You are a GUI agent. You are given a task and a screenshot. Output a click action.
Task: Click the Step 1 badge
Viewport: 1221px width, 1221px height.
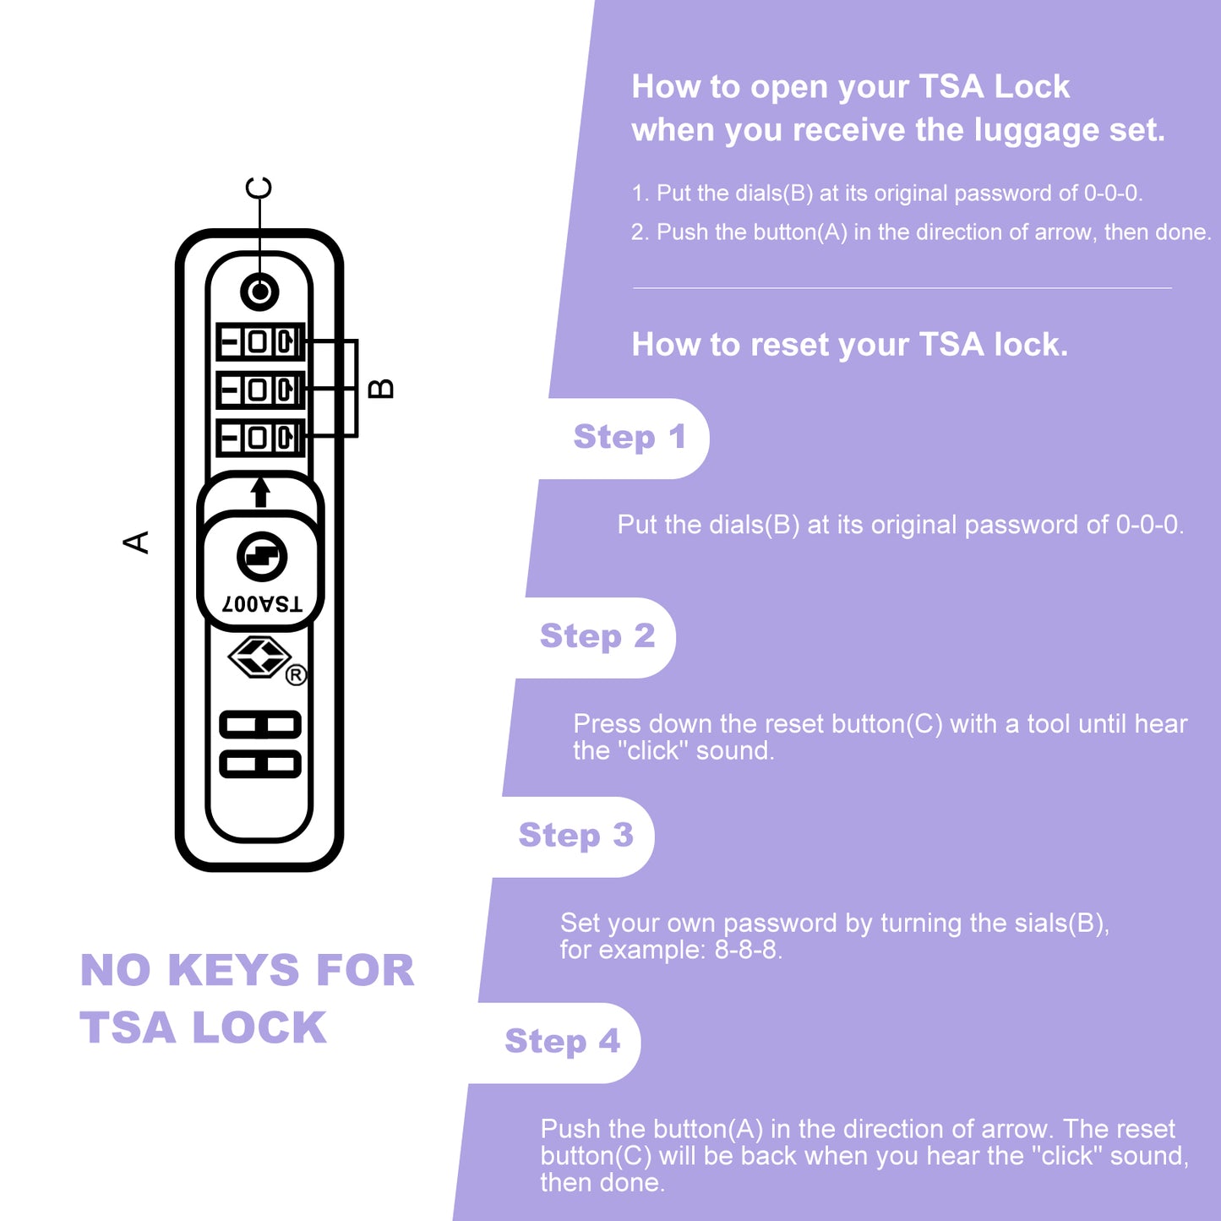point(629,438)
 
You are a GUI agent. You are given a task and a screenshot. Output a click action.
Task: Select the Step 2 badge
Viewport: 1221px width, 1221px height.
point(597,637)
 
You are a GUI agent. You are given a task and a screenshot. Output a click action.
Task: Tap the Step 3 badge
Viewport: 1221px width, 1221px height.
point(575,836)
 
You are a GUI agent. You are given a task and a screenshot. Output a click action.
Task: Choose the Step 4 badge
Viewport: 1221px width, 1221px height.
point(562,1042)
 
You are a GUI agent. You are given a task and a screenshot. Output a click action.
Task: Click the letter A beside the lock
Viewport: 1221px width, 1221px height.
point(136,542)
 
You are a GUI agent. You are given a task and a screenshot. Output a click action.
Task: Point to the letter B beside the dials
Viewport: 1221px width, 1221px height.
point(382,388)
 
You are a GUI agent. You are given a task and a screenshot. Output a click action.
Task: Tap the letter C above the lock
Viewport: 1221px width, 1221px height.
point(259,188)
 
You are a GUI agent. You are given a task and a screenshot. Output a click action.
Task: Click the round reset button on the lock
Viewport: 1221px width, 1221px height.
point(259,292)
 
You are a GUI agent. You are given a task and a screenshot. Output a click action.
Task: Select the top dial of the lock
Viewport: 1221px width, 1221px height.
point(259,342)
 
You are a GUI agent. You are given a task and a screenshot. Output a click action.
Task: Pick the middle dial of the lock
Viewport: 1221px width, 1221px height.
point(259,390)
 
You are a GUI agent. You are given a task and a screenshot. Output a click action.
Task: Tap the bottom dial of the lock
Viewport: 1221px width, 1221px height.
point(259,438)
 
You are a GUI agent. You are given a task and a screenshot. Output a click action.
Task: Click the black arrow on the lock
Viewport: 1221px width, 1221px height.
point(260,492)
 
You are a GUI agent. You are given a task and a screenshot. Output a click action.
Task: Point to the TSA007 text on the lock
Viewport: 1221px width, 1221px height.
point(262,603)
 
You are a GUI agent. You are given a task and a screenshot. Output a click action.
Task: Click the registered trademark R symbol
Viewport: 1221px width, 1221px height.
point(295,675)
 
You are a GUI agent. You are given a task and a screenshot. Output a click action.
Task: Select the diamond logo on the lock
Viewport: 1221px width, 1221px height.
point(259,657)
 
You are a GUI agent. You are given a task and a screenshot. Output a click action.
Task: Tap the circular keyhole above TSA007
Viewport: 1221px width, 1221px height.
point(262,557)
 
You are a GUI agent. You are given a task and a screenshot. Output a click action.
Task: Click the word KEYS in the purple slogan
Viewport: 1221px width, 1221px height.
point(233,970)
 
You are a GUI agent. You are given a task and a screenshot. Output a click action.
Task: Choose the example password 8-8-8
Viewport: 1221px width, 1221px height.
point(747,951)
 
